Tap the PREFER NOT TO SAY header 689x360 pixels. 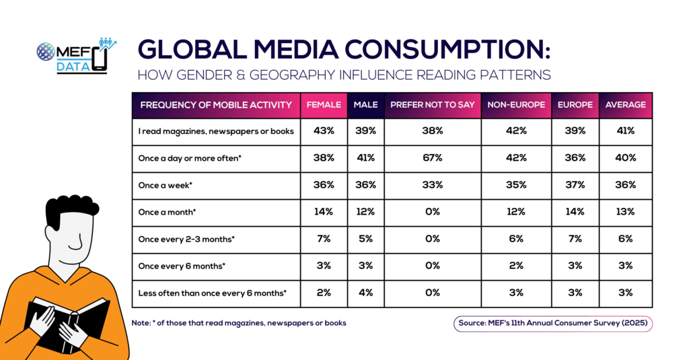[432, 105]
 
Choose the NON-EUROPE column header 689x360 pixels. [516, 105]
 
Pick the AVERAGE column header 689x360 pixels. [626, 105]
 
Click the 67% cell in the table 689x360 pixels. [432, 158]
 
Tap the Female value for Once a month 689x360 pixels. [324, 212]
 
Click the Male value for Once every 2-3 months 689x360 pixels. [365, 239]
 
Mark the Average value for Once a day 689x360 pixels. [626, 158]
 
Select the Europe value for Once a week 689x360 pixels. [575, 185]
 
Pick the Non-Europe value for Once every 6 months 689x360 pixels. [516, 266]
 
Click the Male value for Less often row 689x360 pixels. [365, 293]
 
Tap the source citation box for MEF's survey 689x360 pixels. [554, 324]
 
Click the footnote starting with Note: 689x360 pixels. [240, 323]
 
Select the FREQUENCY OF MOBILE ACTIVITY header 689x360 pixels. [216, 105]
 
